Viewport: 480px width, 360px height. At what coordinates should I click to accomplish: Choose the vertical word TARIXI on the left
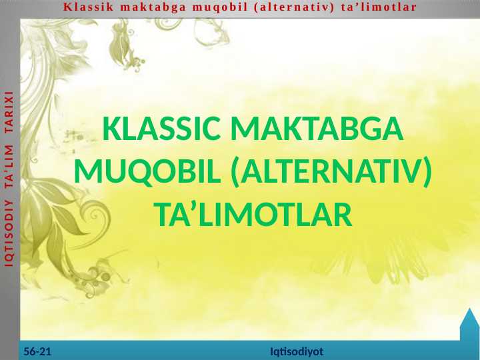click(x=9, y=123)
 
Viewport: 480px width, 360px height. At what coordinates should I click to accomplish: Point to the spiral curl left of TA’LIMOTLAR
click(x=103, y=217)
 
